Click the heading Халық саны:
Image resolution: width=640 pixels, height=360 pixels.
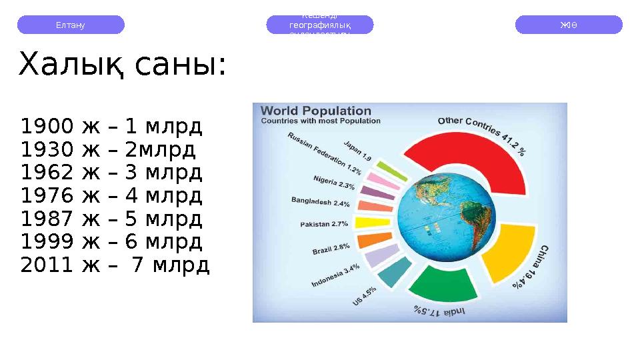(x=123, y=65)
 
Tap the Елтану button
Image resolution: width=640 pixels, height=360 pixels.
(x=71, y=25)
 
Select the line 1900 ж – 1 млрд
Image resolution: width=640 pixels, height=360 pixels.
(x=111, y=127)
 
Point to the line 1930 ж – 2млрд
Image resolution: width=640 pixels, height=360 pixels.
(x=108, y=150)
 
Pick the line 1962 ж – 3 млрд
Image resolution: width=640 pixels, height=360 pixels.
(x=111, y=173)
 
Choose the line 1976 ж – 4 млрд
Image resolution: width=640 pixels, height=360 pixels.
(x=111, y=196)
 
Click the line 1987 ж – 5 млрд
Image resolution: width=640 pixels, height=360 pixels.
(x=111, y=219)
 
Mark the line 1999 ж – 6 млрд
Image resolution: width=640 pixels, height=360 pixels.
(x=111, y=242)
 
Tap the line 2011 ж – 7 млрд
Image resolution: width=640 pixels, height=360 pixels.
(x=115, y=265)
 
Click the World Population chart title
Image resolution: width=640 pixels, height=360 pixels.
(x=315, y=111)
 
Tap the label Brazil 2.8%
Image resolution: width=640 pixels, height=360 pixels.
(x=331, y=249)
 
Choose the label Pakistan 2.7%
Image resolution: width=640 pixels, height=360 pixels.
(x=324, y=224)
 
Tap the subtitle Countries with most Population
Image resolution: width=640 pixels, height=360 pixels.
(x=320, y=121)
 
